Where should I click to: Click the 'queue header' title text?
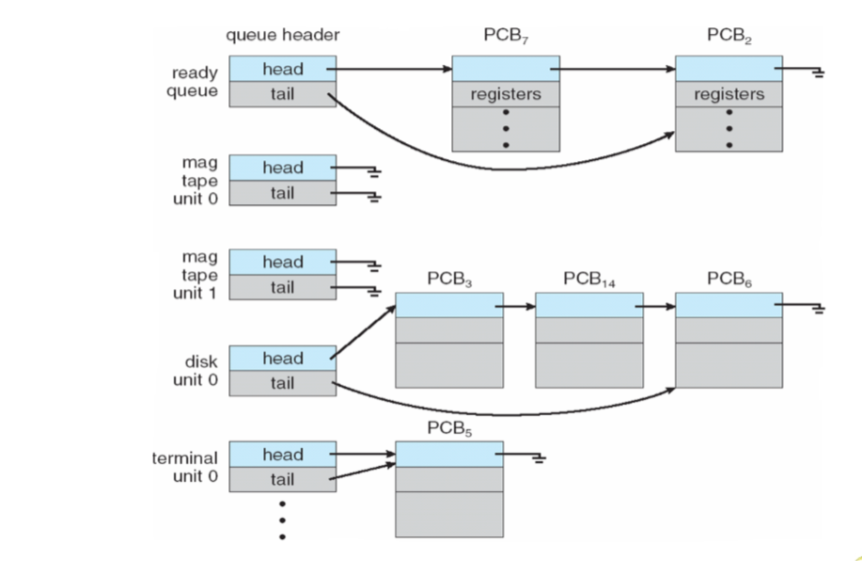pyautogui.click(x=282, y=36)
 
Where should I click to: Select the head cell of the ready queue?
pyautogui.click(x=282, y=69)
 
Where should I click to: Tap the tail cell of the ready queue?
pyautogui.click(x=282, y=94)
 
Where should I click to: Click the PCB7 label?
pyautogui.click(x=505, y=37)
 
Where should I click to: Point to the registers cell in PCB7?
pyautogui.click(x=505, y=95)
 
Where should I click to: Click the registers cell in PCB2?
pyautogui.click(x=729, y=95)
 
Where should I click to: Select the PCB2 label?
pyautogui.click(x=729, y=37)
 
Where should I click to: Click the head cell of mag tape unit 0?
pyautogui.click(x=282, y=168)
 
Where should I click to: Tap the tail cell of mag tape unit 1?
pyautogui.click(x=282, y=287)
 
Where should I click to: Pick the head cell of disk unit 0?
pyautogui.click(x=282, y=358)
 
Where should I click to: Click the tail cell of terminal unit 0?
pyautogui.click(x=282, y=479)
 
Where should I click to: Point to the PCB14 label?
pyautogui.click(x=589, y=280)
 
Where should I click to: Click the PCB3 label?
pyautogui.click(x=448, y=280)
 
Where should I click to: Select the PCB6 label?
pyautogui.click(x=729, y=280)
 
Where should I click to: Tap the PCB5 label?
pyautogui.click(x=448, y=429)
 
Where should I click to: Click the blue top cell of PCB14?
pyautogui.click(x=588, y=305)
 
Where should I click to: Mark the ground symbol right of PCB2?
pyautogui.click(x=819, y=72)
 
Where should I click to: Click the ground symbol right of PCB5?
pyautogui.click(x=539, y=458)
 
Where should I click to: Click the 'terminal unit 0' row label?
pyautogui.click(x=185, y=467)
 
